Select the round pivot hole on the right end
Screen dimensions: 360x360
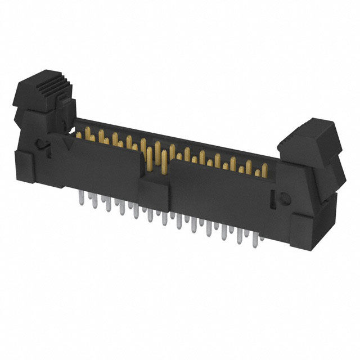[x=284, y=199]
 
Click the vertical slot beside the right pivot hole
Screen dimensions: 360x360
[x=274, y=198]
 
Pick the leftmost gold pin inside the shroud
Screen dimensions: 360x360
[x=78, y=135]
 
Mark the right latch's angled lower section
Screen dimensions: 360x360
[x=329, y=174]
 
